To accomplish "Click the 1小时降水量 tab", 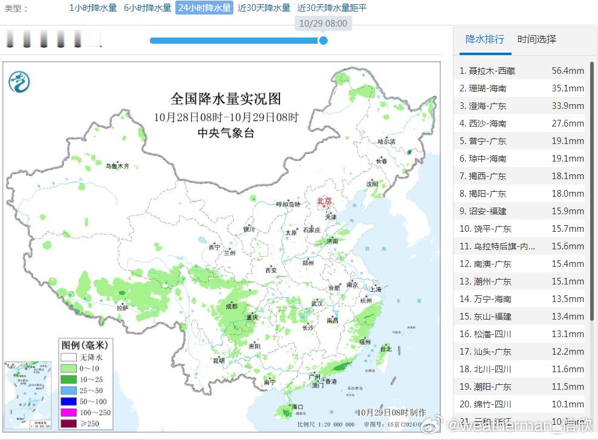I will [x=93, y=8].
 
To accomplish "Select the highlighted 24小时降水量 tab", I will [x=204, y=8].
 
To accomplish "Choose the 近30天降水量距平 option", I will [x=332, y=8].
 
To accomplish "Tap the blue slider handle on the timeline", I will [x=323, y=41].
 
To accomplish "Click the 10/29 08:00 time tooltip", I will [x=323, y=24].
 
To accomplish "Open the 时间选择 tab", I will [x=536, y=39].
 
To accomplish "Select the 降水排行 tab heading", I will [x=484, y=39].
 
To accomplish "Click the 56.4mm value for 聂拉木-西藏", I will [x=568, y=71].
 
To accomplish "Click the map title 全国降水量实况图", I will [x=226, y=99].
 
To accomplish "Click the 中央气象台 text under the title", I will [x=226, y=133].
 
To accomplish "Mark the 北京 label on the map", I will [x=325, y=201].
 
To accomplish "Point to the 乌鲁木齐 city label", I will [x=117, y=166].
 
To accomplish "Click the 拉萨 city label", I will [x=123, y=307].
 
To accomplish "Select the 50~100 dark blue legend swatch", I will [x=68, y=401].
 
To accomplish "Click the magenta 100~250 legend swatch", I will [x=68, y=413].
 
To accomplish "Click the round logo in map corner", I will [x=19, y=81].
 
